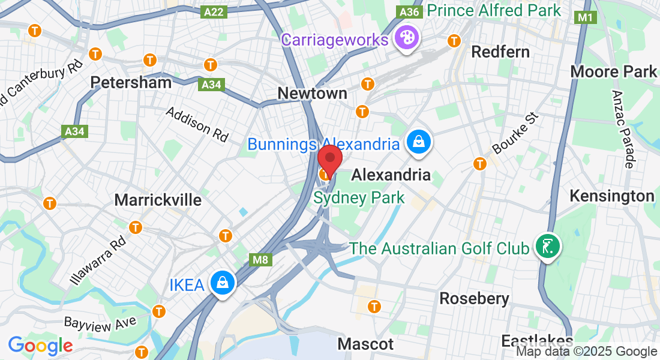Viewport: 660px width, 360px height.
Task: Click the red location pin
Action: (x=329, y=159)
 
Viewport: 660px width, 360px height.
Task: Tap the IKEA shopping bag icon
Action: (x=222, y=282)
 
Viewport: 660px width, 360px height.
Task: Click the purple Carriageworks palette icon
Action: (x=406, y=39)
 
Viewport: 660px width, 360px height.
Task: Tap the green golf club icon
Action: (x=547, y=246)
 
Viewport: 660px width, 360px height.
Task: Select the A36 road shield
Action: (x=409, y=12)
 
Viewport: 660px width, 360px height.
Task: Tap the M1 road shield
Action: (x=585, y=17)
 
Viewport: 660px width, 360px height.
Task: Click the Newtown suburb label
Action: (x=312, y=93)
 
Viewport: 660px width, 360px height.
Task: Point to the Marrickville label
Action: (x=158, y=200)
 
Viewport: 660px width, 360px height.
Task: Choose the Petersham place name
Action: (x=131, y=82)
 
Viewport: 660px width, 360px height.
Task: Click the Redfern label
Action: (x=500, y=52)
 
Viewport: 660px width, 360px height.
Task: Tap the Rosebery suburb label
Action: (x=474, y=298)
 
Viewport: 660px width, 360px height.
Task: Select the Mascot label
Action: (x=365, y=344)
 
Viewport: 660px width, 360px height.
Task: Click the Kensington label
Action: (x=611, y=196)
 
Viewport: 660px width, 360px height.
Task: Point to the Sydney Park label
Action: (x=359, y=197)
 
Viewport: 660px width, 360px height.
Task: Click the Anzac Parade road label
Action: (x=624, y=128)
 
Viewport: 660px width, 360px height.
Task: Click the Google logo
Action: (x=40, y=346)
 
